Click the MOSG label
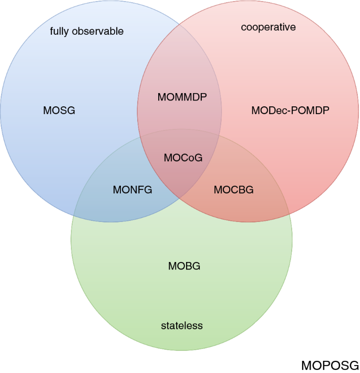[59, 110]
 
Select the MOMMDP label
[182, 97]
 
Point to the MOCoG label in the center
[183, 157]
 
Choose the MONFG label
[132, 190]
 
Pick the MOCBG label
[233, 190]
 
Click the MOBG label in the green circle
[184, 266]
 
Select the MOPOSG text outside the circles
[330, 365]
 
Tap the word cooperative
[268, 27]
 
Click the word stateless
[181, 326]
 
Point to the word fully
[59, 32]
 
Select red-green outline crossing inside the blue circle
[141, 137]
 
